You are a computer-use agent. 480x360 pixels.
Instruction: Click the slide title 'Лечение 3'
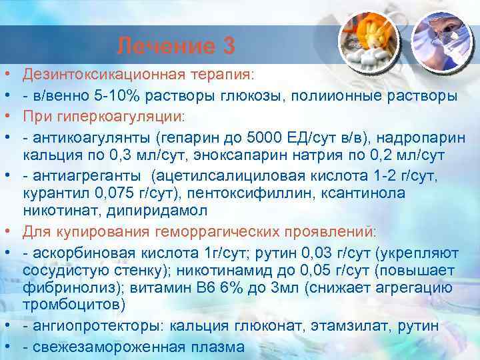tap(175, 46)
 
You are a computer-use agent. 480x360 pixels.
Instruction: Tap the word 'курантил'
tap(53, 194)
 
